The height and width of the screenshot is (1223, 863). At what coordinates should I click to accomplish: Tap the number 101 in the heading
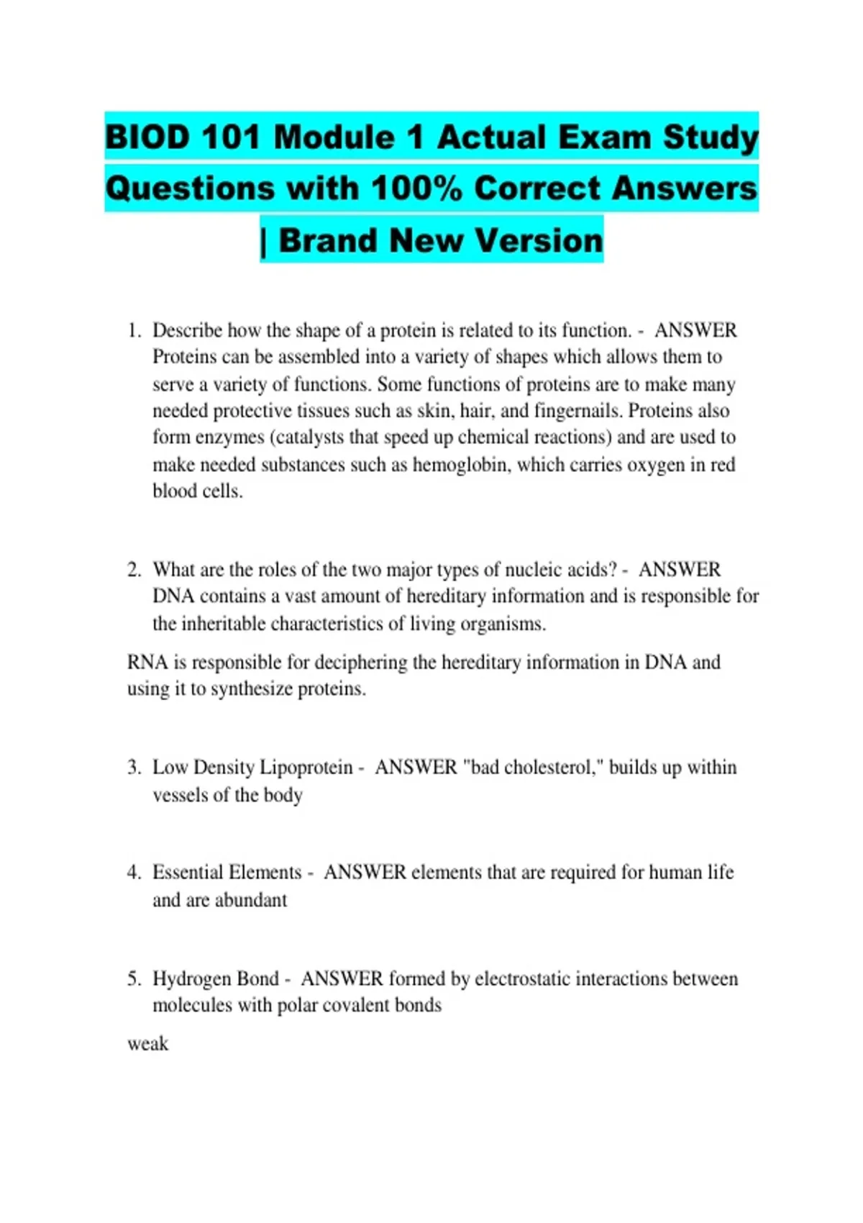pos(230,137)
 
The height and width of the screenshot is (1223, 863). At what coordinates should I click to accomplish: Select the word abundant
pos(252,900)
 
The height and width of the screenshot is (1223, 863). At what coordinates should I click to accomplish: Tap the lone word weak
pos(147,1044)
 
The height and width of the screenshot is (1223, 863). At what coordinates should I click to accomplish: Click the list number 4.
pos(134,873)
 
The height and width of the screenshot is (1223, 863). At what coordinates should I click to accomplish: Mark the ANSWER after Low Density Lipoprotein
pos(416,768)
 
